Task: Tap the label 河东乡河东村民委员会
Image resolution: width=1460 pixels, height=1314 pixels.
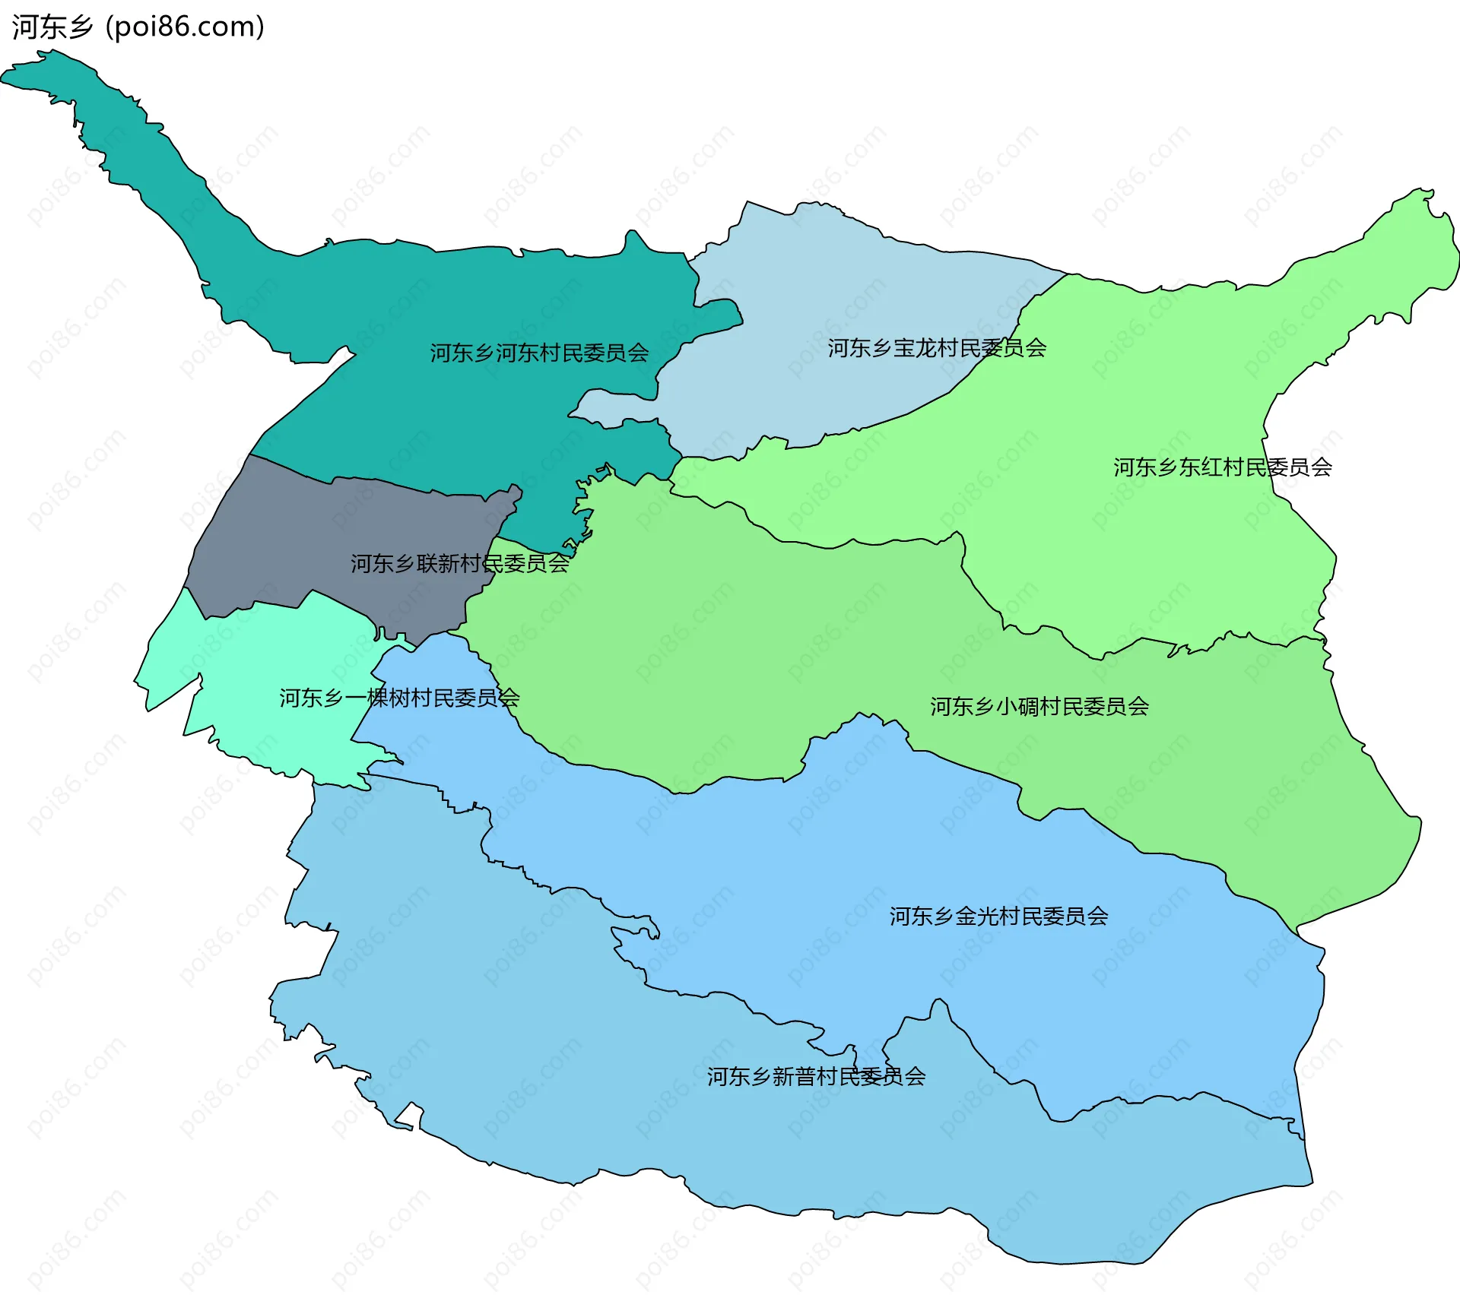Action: tap(539, 353)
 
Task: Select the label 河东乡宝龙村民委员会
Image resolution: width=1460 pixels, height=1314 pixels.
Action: tap(937, 348)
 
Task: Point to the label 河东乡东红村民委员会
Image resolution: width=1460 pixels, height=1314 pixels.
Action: tap(1223, 467)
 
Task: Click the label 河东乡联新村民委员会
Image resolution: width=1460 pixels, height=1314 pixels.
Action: tap(459, 563)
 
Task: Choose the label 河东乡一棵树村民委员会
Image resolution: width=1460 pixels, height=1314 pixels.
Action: tap(399, 698)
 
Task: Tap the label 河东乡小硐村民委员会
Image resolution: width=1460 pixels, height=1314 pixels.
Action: tap(1039, 707)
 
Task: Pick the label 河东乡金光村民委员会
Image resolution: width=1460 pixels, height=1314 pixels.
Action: tap(998, 917)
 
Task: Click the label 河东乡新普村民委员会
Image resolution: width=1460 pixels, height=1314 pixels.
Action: tap(816, 1077)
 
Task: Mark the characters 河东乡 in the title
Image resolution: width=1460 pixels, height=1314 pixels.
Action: tap(52, 27)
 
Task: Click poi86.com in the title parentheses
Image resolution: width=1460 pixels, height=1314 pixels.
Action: tap(185, 27)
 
